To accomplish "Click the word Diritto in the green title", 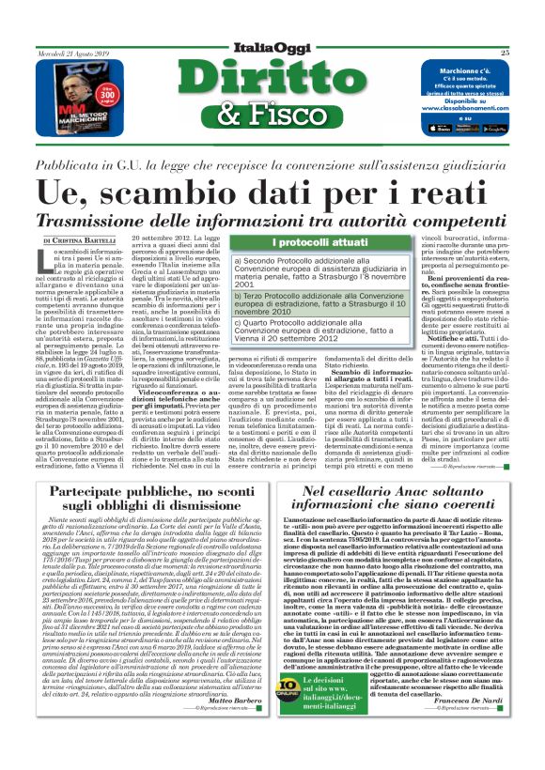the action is pyautogui.click(x=272, y=78).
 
